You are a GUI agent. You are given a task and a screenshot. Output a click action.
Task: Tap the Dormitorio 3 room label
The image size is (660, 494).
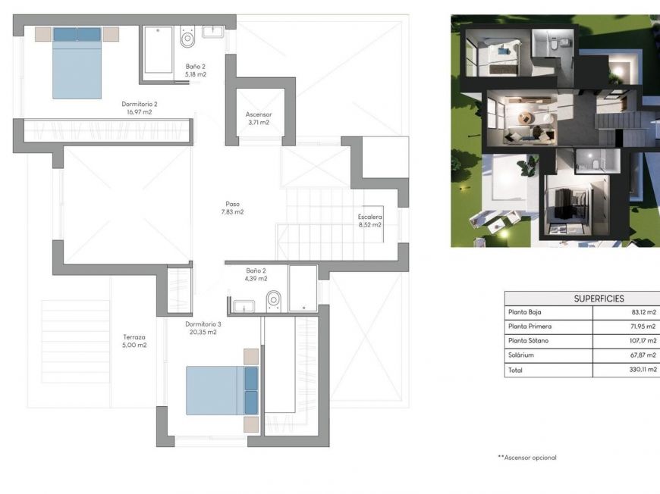pos(203,328)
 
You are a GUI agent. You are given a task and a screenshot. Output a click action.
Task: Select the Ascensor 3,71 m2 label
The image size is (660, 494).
pos(258,118)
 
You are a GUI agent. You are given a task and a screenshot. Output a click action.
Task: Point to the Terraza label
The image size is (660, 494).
pos(134,341)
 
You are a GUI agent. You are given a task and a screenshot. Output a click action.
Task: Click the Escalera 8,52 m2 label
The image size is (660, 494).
pos(370,220)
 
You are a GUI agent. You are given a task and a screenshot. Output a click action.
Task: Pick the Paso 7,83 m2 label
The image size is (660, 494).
pos(233,208)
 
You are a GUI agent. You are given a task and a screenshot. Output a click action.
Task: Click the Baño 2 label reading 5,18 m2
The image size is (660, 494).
pos(196,70)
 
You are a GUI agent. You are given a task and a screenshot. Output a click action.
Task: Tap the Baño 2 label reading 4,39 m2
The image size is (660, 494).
pos(256,274)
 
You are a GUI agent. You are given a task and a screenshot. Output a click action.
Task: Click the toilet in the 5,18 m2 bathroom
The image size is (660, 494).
pos(187,37)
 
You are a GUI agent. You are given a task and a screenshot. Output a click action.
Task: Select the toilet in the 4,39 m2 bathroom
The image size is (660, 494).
pos(274,301)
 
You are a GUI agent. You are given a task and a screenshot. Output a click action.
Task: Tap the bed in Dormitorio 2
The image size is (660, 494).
pos(77,64)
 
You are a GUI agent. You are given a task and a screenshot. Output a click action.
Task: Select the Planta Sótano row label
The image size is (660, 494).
pos(528,341)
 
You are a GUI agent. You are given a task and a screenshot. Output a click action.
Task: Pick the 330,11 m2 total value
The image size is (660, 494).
pos(640,370)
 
